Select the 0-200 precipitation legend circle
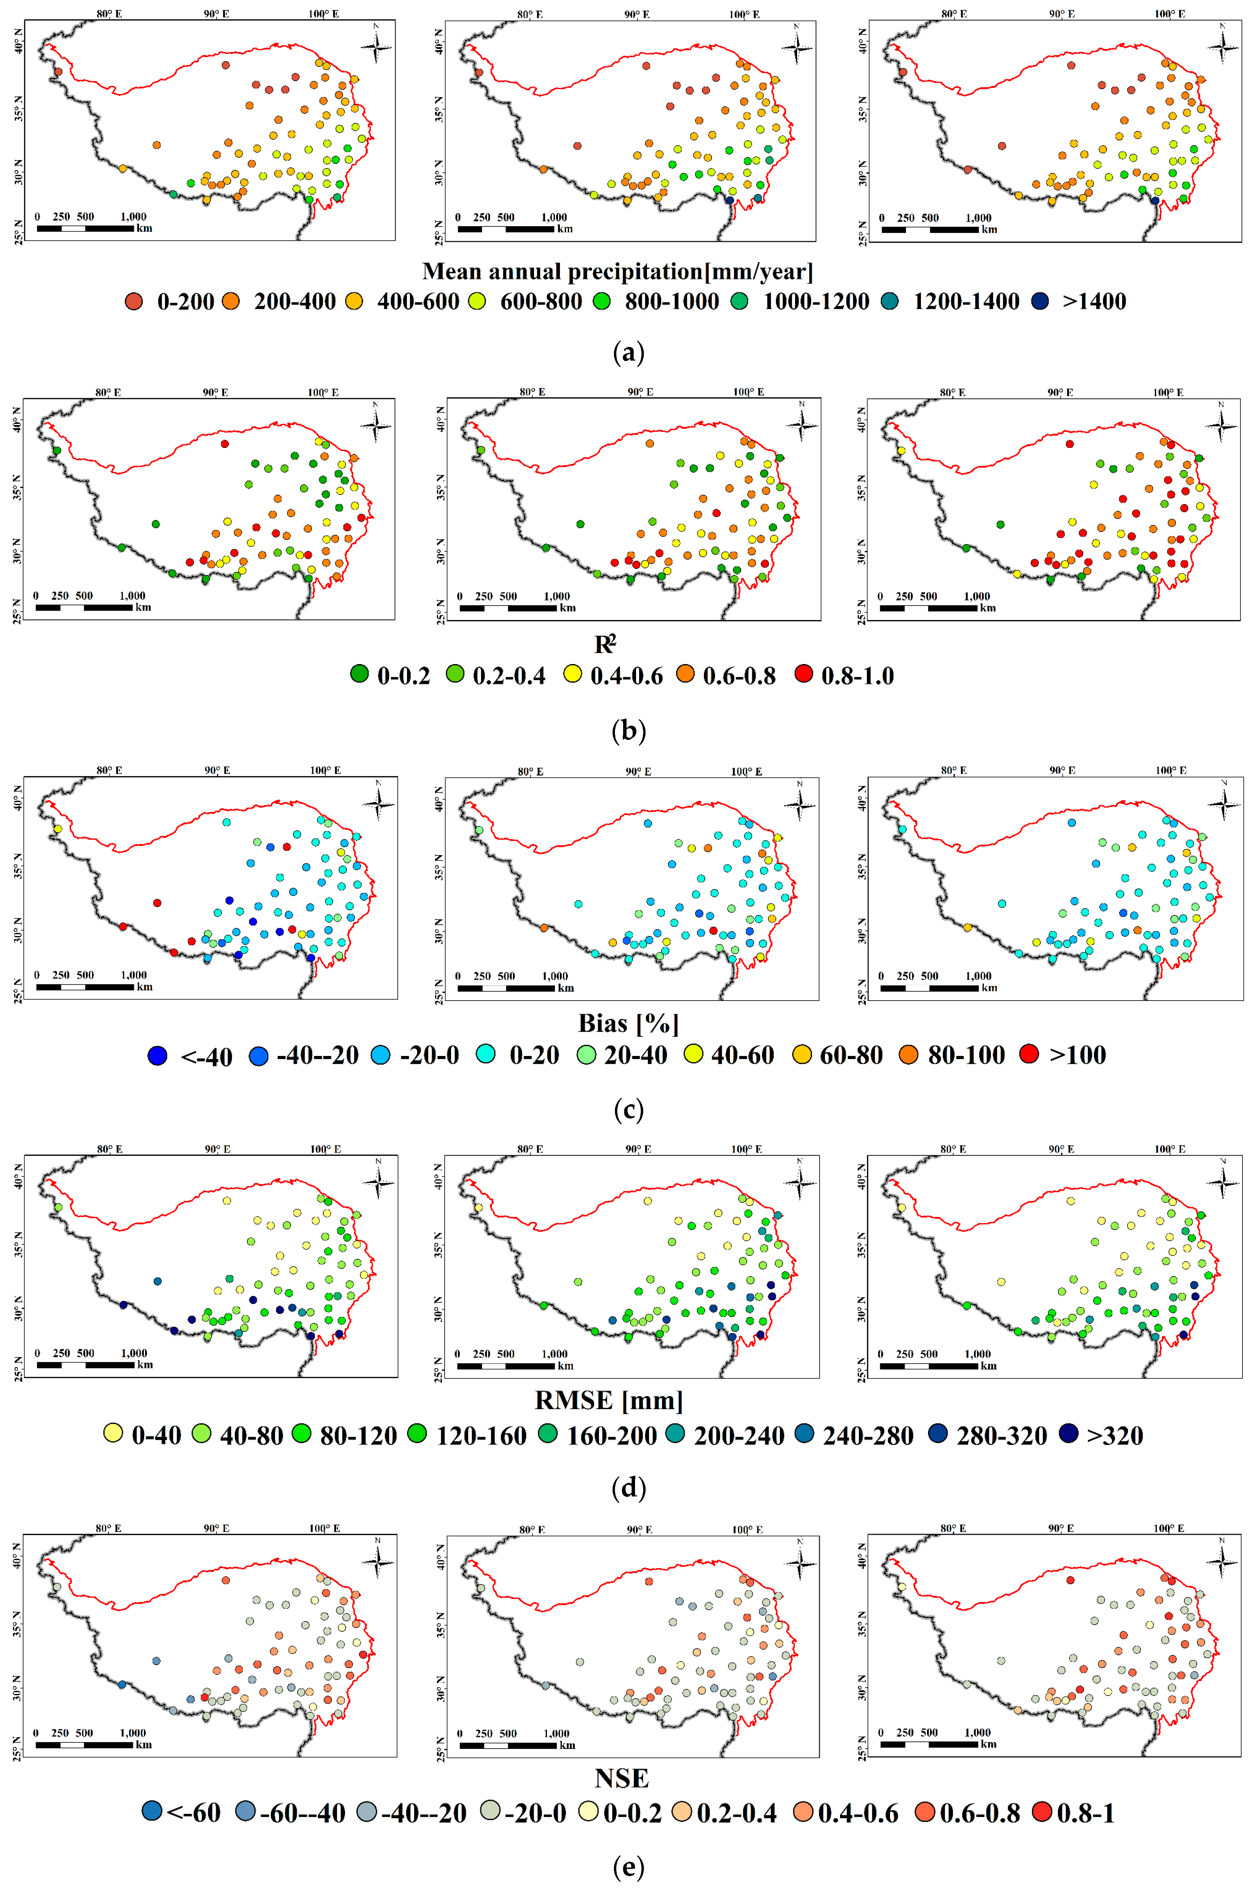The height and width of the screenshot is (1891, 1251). click(134, 301)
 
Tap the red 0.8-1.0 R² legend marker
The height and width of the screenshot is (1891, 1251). click(803, 674)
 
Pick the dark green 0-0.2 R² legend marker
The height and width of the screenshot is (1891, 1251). click(360, 674)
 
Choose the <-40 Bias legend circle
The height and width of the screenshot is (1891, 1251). click(158, 1055)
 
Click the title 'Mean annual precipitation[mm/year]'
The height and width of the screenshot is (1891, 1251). click(618, 271)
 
